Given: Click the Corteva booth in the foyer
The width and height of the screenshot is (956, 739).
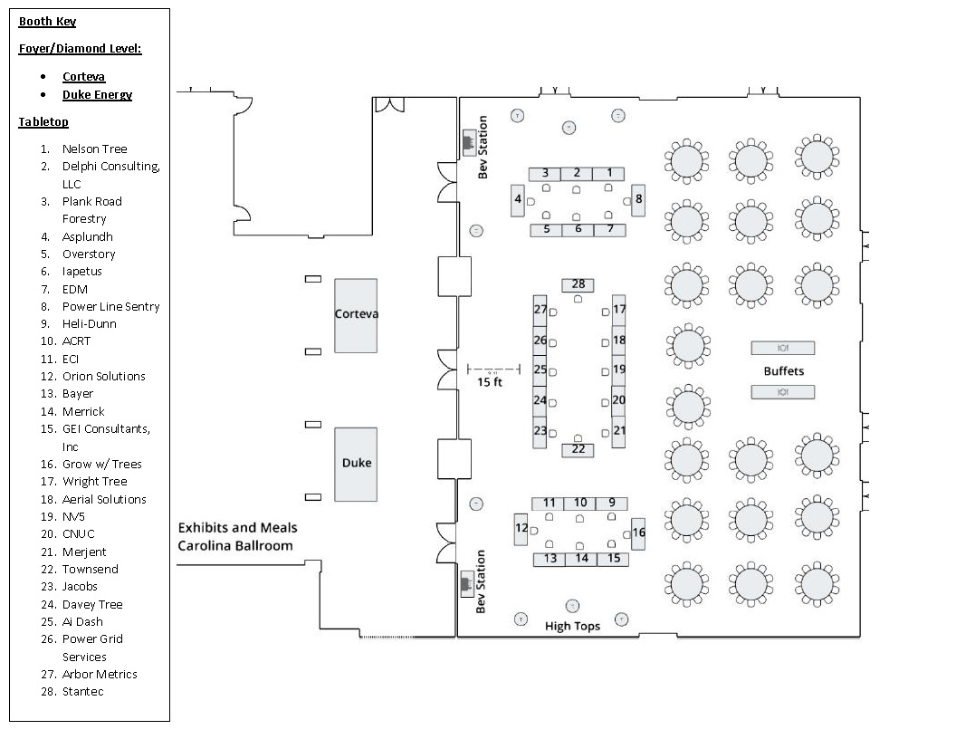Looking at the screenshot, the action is pyautogui.click(x=356, y=316).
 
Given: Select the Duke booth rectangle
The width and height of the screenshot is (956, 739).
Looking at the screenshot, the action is pyautogui.click(x=356, y=464).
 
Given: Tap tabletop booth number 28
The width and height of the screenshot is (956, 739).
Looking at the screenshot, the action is pyautogui.click(x=578, y=284).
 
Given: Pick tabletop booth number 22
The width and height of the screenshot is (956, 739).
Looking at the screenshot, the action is pyautogui.click(x=578, y=450).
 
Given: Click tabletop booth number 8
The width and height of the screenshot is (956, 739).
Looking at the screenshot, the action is pyautogui.click(x=638, y=200).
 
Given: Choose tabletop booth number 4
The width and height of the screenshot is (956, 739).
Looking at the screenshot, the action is pyautogui.click(x=518, y=200).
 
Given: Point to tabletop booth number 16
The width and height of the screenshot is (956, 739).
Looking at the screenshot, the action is pyautogui.click(x=638, y=533).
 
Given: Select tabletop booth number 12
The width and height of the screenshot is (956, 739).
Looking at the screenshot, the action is pyautogui.click(x=521, y=529).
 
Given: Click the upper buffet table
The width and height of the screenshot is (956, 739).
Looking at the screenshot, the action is pyautogui.click(x=783, y=348).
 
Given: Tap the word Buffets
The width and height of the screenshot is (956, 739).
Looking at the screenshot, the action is pyautogui.click(x=783, y=370).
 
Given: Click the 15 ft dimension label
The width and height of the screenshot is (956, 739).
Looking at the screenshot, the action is pyautogui.click(x=490, y=382).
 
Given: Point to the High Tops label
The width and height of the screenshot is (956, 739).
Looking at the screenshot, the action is pyautogui.click(x=572, y=626).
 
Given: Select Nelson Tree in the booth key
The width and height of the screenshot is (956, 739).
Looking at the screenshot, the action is pyautogui.click(x=94, y=149).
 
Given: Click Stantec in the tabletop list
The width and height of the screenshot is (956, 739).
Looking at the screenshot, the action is pyautogui.click(x=83, y=691).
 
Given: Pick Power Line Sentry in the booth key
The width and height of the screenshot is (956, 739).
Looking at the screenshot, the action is pyautogui.click(x=111, y=307).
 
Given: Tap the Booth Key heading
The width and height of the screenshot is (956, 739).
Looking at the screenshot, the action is pyautogui.click(x=48, y=22).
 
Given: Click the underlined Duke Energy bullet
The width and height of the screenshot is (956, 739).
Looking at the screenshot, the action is pyautogui.click(x=97, y=94).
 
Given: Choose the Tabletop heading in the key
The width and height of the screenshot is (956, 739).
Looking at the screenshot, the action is pyautogui.click(x=43, y=122).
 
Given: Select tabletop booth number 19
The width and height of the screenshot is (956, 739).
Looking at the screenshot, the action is pyautogui.click(x=619, y=369).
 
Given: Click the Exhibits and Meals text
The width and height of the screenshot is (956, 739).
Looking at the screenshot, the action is pyautogui.click(x=238, y=527).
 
